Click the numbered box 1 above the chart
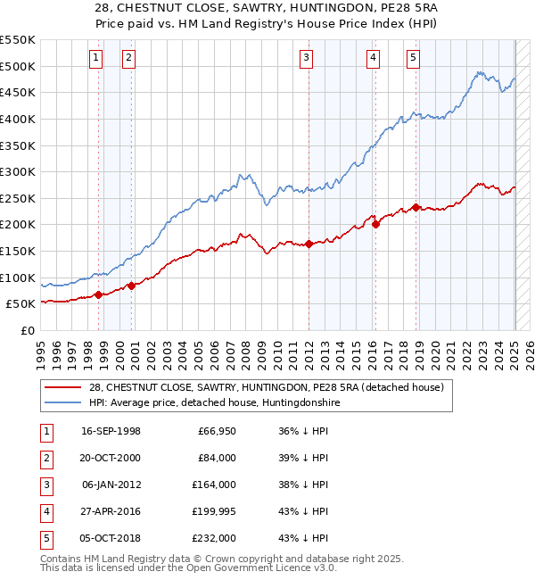tap(95, 59)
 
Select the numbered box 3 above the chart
tap(306, 59)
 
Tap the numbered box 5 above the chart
tap(414, 59)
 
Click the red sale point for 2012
tap(309, 244)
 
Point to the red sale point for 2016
tap(375, 225)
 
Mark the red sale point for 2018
tap(416, 208)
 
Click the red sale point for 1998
tap(98, 294)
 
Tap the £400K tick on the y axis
tap(18, 119)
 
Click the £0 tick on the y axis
tap(27, 330)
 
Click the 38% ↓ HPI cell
tap(303, 485)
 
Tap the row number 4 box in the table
tap(45, 511)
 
